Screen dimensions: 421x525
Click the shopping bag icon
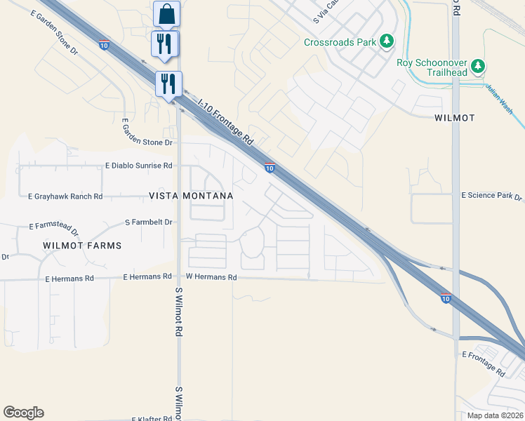(x=166, y=13)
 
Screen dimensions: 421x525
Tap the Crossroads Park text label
(x=340, y=42)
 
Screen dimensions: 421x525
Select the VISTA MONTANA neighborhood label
(x=191, y=196)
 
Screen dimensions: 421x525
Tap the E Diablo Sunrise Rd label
(x=138, y=166)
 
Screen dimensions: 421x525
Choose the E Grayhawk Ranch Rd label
(x=65, y=196)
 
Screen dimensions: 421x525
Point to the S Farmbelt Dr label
(x=149, y=222)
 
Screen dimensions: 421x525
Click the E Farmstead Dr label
(x=53, y=227)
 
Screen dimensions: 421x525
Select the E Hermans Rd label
(x=69, y=279)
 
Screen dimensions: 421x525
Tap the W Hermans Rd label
(x=211, y=278)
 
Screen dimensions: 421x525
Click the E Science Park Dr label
(x=491, y=196)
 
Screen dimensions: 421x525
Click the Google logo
(x=23, y=413)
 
